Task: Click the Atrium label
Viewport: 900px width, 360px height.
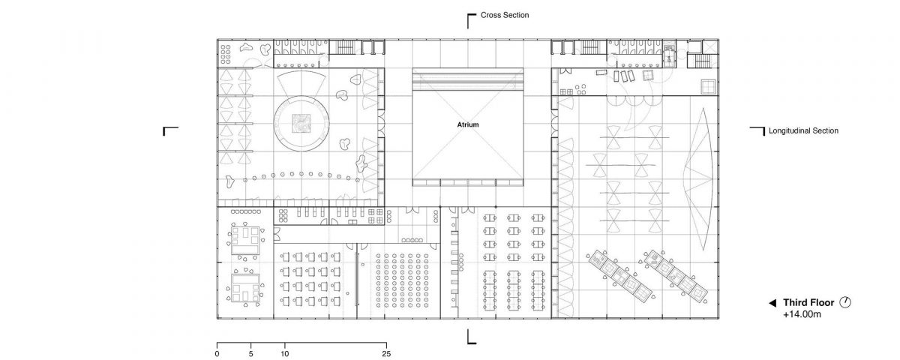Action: (468, 124)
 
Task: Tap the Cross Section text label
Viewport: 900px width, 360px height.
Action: (505, 15)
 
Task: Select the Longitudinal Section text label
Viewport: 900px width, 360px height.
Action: (803, 130)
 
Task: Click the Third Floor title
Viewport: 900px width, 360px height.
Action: (808, 302)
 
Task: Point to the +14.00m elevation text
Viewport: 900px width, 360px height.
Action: (802, 314)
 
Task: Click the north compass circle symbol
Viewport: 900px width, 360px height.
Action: (845, 302)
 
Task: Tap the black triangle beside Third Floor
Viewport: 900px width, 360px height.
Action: (772, 303)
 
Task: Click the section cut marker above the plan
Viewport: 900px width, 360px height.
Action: (471, 21)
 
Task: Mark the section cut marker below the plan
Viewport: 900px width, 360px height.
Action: (471, 337)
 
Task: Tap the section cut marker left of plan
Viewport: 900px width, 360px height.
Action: (170, 131)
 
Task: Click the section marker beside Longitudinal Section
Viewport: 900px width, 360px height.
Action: (757, 131)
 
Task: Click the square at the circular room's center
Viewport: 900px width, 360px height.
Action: (301, 123)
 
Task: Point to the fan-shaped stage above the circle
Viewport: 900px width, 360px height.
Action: (301, 83)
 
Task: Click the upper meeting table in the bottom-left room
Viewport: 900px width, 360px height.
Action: (244, 240)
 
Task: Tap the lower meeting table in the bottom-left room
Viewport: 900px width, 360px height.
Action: (245, 288)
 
